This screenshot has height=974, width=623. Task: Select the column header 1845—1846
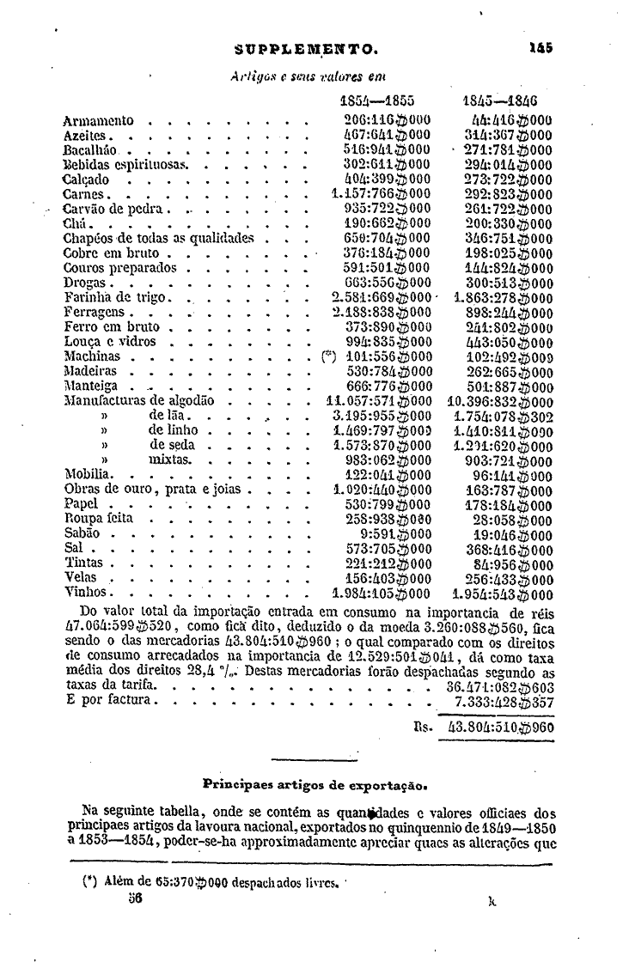tap(500, 99)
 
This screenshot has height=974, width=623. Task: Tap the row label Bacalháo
tap(89, 149)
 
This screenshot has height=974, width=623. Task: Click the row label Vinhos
tap(86, 592)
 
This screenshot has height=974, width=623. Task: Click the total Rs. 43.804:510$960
tap(501, 727)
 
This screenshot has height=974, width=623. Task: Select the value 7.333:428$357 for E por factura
tap(504, 701)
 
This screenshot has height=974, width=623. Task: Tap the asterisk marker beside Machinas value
tap(327, 356)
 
